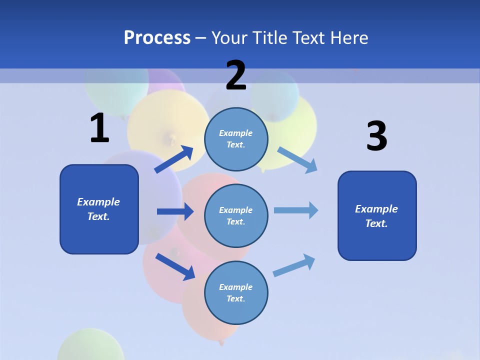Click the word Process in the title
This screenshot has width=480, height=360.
pos(157,37)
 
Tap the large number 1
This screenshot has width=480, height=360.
pos(99,128)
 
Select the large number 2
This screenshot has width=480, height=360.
pos(236,75)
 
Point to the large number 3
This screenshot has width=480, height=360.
pos(376,136)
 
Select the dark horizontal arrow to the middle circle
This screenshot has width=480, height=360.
pos(175,211)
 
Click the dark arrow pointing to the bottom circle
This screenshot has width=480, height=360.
pos(175,266)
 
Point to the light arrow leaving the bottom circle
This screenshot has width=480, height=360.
pos(294,265)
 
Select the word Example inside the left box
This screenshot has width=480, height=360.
pos(98,202)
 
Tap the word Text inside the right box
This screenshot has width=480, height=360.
pos(376,223)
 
